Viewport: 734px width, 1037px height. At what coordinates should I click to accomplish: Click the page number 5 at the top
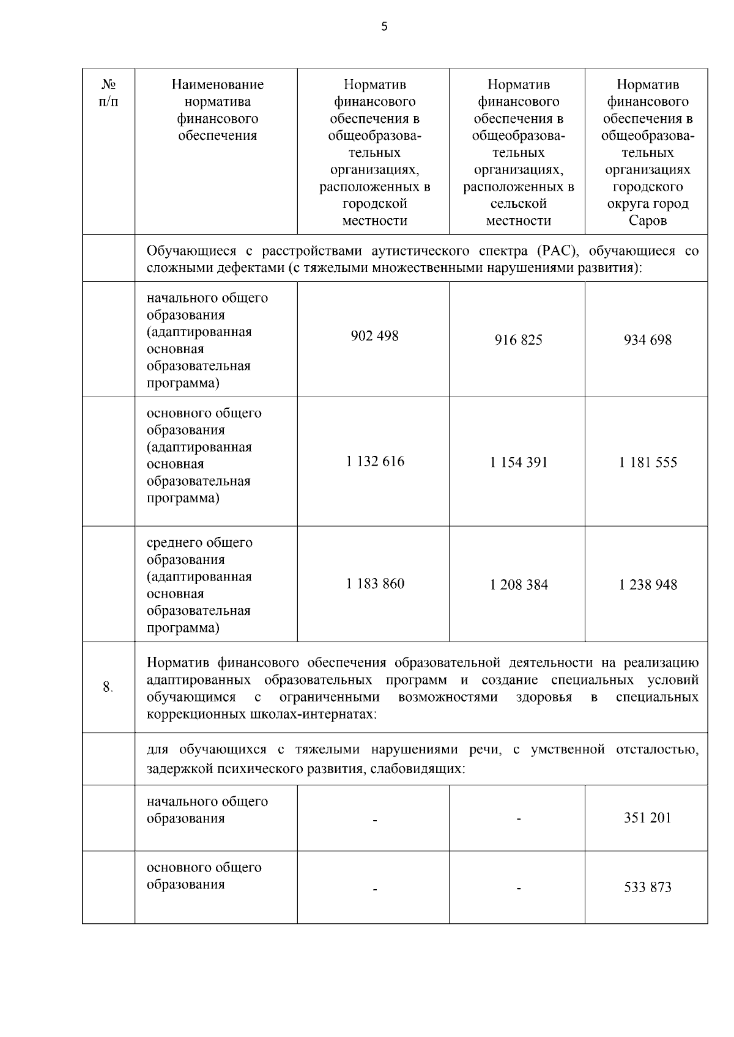point(384,26)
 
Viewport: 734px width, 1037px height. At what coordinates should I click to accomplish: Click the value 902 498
point(374,336)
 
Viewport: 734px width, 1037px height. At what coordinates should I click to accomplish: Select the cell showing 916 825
point(518,340)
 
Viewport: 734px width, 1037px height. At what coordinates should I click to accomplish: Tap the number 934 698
point(647,340)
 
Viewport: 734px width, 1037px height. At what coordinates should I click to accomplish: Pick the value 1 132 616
point(374,461)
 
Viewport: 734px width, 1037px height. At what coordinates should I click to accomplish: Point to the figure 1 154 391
point(518,463)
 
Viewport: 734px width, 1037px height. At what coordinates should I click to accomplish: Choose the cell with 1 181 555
point(647,463)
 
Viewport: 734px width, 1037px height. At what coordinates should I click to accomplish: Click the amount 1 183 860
point(374,584)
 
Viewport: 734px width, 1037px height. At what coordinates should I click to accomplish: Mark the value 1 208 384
point(518,585)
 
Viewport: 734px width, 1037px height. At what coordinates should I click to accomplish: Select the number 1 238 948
point(647,585)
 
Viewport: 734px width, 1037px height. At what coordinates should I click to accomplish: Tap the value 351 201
point(647,818)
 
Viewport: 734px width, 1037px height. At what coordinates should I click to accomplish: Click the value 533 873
point(647,887)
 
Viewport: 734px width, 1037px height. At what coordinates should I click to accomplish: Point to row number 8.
point(108,687)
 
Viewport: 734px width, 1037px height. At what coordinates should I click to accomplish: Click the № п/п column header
point(108,93)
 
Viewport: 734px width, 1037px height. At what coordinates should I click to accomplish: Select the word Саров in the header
point(647,221)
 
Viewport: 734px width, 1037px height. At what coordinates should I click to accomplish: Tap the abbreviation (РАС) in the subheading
point(556,251)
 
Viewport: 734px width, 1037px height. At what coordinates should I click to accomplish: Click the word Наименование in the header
point(217,84)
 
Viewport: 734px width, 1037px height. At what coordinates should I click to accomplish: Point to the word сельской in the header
point(518,203)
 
